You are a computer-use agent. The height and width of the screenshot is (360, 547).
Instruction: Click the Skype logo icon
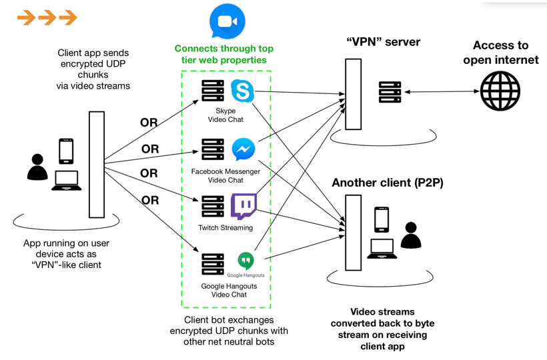click(x=242, y=91)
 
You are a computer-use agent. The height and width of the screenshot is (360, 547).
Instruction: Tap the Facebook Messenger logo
click(x=243, y=149)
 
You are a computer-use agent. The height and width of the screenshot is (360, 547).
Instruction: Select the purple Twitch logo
click(x=243, y=206)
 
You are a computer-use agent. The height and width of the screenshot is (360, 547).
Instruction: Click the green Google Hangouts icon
click(x=246, y=261)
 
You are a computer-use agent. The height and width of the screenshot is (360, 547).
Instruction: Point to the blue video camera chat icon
click(x=227, y=21)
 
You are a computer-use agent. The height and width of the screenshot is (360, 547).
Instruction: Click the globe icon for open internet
click(x=500, y=91)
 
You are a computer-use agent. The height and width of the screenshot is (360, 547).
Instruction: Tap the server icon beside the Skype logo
click(x=213, y=91)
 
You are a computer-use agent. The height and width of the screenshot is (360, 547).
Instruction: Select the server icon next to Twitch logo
click(x=213, y=206)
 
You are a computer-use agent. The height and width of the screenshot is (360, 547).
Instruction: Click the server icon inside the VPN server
click(x=390, y=92)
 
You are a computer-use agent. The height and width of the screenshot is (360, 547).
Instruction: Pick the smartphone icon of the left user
click(x=66, y=151)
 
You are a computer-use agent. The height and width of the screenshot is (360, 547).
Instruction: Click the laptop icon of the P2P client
click(x=382, y=249)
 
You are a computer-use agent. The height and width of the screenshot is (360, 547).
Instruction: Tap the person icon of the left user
click(x=37, y=167)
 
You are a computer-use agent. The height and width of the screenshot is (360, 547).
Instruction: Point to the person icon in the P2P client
click(x=411, y=235)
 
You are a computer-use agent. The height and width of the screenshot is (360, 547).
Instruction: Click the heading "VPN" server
click(x=383, y=42)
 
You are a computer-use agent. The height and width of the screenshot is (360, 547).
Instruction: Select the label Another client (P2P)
click(x=387, y=183)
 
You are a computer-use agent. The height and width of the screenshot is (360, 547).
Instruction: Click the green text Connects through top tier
click(x=224, y=54)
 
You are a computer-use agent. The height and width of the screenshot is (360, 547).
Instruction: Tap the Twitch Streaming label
click(x=225, y=227)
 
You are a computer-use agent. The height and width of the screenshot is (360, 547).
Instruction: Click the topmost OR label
click(x=149, y=123)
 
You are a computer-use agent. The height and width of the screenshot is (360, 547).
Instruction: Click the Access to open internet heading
click(x=501, y=52)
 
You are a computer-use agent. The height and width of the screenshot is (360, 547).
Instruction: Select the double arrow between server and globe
click(x=442, y=91)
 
